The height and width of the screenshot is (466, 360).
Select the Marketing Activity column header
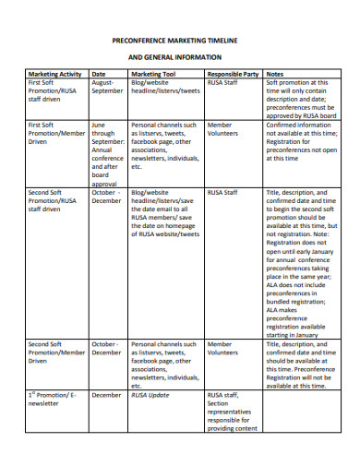(55, 73)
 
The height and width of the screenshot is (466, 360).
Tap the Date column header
(99, 73)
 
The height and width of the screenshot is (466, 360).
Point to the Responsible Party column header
(231, 73)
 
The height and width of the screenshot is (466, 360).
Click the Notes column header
(275, 73)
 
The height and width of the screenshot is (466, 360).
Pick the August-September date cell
(107, 87)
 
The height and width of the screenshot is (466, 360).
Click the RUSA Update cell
(150, 394)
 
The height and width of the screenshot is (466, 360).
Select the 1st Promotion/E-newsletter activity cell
(53, 399)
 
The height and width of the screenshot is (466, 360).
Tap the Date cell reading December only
(106, 394)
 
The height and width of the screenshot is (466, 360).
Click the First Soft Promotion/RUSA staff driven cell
(53, 91)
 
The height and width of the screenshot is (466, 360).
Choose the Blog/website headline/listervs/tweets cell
(165, 87)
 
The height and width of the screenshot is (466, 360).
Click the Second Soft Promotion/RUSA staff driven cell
(53, 200)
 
